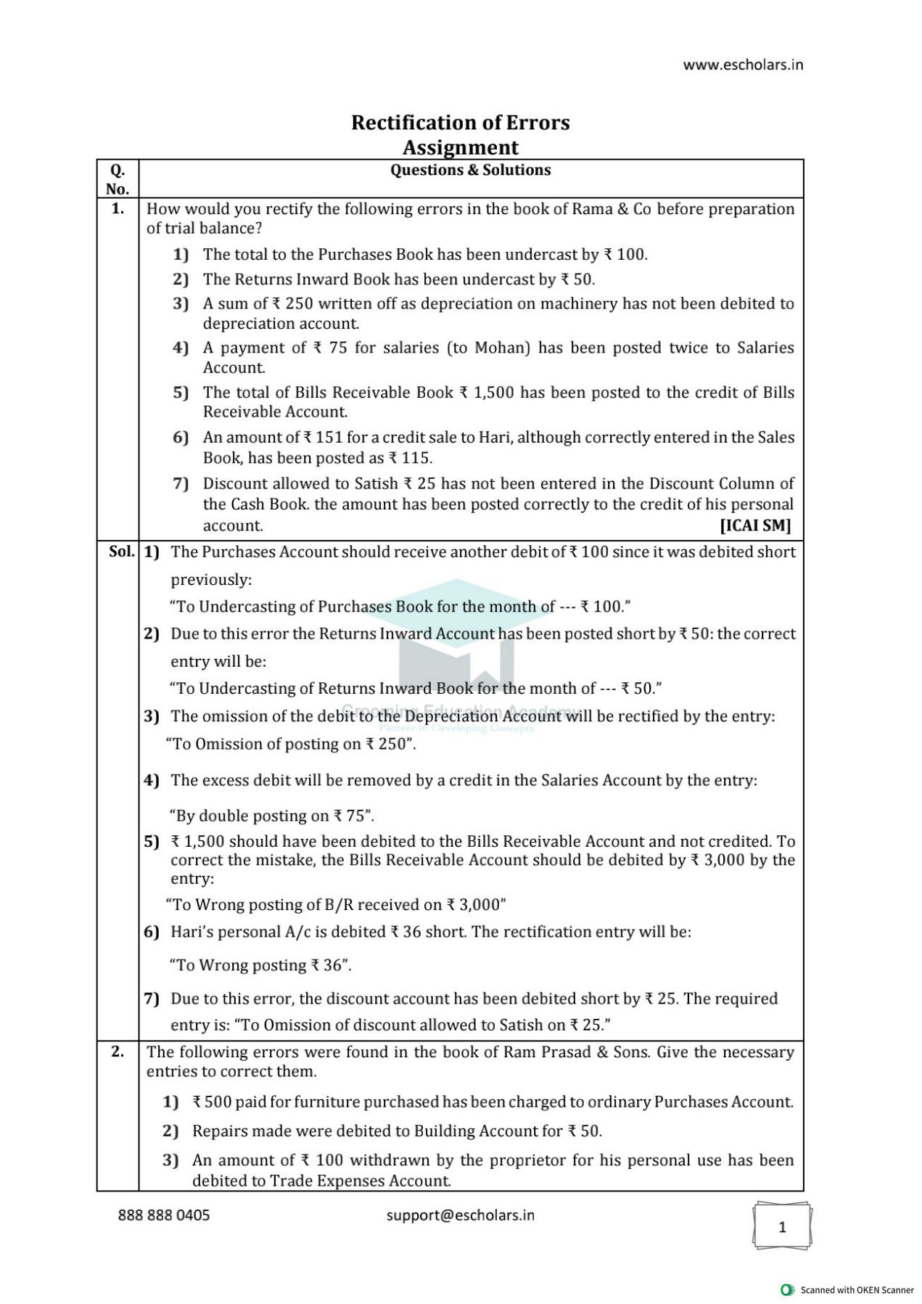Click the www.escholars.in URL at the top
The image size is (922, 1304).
743,65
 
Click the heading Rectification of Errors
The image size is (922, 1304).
461,123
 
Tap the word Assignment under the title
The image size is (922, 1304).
461,147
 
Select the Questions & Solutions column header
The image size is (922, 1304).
470,170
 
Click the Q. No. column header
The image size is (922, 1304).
118,179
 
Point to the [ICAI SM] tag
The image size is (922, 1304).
755,525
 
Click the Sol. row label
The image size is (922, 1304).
121,551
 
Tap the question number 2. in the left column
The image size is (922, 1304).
118,1051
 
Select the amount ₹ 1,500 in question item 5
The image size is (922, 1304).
487,393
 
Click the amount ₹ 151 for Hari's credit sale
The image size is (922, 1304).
323,438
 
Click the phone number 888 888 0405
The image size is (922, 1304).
164,1215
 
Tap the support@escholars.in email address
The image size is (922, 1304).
460,1215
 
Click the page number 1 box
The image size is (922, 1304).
782,1226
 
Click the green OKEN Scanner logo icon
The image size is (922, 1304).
787,1289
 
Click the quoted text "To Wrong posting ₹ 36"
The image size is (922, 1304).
260,965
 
